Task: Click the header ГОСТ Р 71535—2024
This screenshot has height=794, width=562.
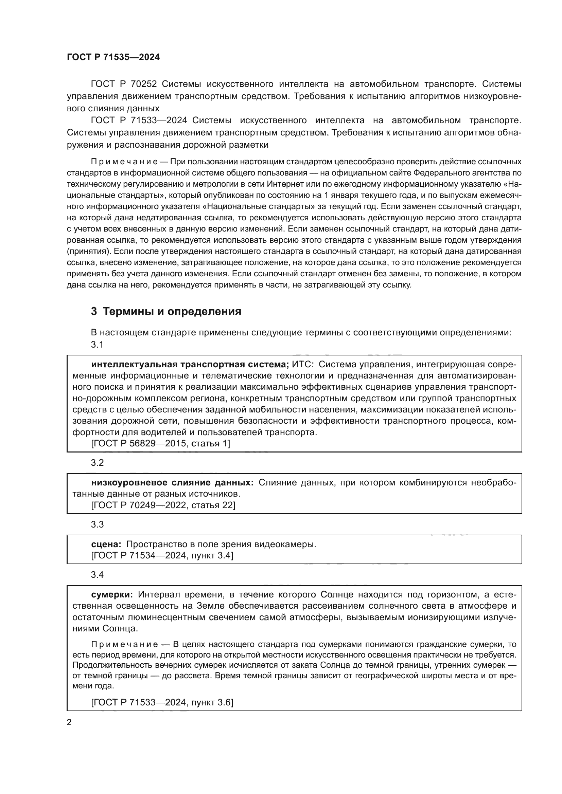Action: tap(113, 57)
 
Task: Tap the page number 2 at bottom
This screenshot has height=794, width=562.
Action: tap(69, 722)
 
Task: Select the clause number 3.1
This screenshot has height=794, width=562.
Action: tap(97, 345)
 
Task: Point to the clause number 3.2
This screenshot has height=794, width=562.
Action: tap(97, 463)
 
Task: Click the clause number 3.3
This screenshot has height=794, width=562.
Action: tap(97, 524)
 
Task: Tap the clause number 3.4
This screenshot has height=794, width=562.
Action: tap(97, 575)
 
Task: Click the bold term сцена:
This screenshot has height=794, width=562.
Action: tap(106, 544)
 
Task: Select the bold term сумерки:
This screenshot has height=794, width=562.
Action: tap(112, 594)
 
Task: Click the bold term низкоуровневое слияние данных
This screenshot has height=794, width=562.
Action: tap(172, 482)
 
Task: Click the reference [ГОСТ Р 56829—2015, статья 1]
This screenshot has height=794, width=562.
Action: tap(161, 443)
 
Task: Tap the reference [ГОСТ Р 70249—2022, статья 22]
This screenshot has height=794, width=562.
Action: tap(163, 505)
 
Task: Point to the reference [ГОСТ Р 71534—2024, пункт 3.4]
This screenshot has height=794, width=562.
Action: tap(162, 555)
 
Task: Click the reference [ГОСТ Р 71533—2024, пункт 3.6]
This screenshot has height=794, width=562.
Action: tap(162, 702)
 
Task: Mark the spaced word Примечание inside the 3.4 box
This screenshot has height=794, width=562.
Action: tap(125, 644)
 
